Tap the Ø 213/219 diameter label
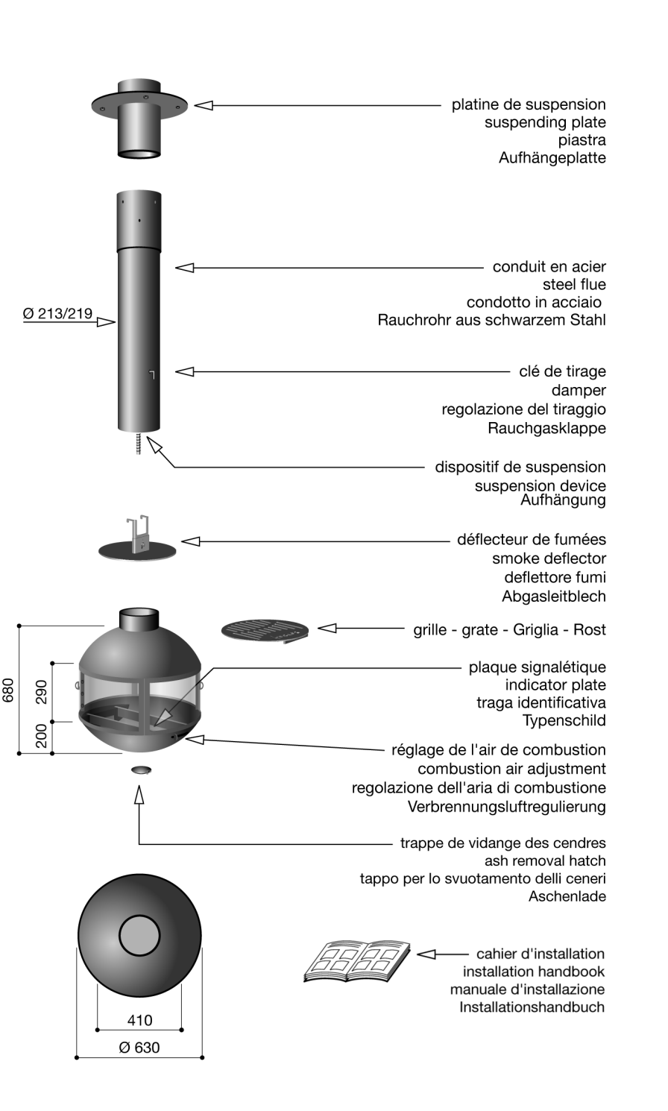coord(58,314)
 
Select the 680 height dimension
coord(9,689)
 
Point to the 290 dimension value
coord(42,691)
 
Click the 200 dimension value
coord(42,736)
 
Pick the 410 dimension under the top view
coord(139,1020)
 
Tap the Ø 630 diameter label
coord(139,1048)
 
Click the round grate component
coord(265,631)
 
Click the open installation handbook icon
coord(357,960)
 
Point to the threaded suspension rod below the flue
coord(139,443)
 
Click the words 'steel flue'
coord(574,285)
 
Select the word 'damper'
coord(579,391)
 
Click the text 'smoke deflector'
coord(549,558)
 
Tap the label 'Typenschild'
coord(564,721)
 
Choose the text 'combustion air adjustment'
coord(511,769)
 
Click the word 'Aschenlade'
coord(567,897)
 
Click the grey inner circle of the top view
coord(139,935)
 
